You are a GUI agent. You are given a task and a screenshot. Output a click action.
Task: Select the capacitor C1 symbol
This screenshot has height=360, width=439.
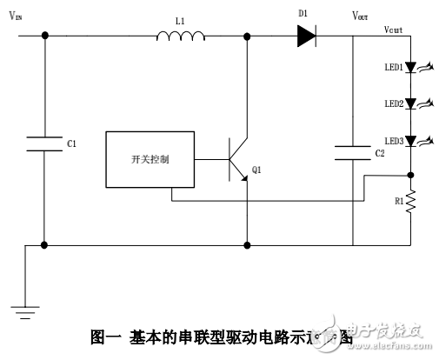coord(44,143)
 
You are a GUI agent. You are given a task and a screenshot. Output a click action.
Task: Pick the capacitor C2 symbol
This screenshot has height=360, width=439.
coord(353,153)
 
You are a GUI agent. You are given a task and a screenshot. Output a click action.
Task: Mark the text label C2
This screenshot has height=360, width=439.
coord(379,153)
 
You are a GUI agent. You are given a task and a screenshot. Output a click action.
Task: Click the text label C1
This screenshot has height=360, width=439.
coord(71,143)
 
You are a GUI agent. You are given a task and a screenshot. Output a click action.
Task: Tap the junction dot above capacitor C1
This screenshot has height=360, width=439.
coord(44,36)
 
